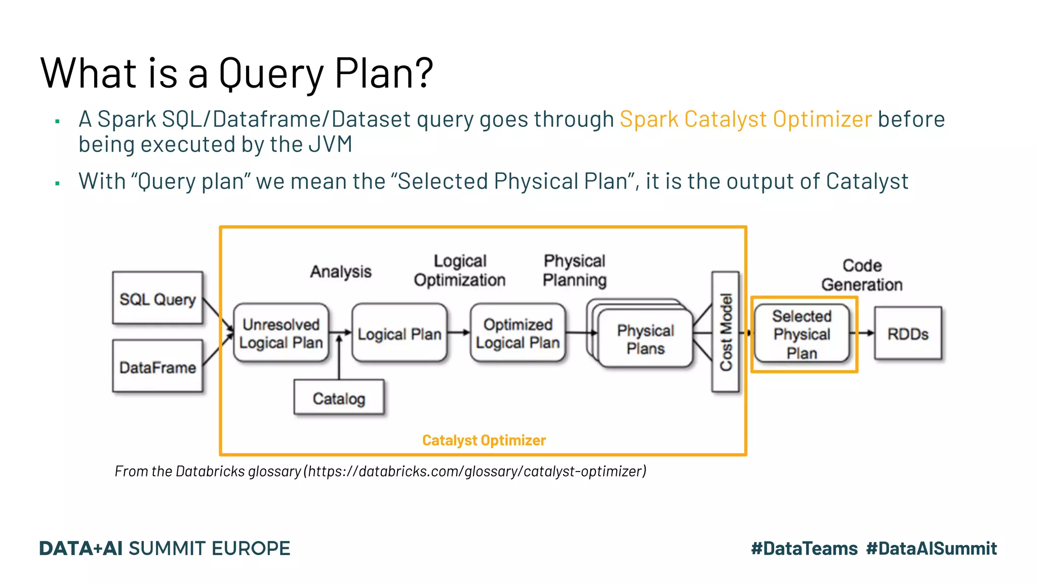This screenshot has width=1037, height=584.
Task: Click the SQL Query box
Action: (x=157, y=298)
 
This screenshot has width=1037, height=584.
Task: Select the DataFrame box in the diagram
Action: (x=157, y=367)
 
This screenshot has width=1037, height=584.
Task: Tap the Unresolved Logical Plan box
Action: (x=281, y=333)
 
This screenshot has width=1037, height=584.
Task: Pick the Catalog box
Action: (x=339, y=398)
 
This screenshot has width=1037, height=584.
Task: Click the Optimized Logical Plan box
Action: (x=517, y=333)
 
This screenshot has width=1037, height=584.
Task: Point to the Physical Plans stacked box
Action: (x=645, y=339)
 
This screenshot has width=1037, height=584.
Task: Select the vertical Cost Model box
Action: (x=726, y=332)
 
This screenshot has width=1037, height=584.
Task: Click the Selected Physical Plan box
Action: (x=802, y=334)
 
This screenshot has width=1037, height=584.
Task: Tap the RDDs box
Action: (x=908, y=334)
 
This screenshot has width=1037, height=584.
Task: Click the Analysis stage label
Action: (x=341, y=272)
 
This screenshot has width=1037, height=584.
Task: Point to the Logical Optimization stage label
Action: (x=460, y=270)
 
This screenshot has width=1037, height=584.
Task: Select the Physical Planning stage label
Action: (x=575, y=270)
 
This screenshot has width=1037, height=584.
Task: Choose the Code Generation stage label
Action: (x=862, y=275)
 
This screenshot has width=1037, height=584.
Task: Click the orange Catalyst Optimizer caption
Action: (x=484, y=440)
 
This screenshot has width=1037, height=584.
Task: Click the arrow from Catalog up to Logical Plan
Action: (x=339, y=357)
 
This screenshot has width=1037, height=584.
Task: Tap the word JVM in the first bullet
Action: (x=330, y=144)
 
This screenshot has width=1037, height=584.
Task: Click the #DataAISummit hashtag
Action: (x=931, y=549)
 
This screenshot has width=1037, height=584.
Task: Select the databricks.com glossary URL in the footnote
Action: (x=476, y=471)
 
